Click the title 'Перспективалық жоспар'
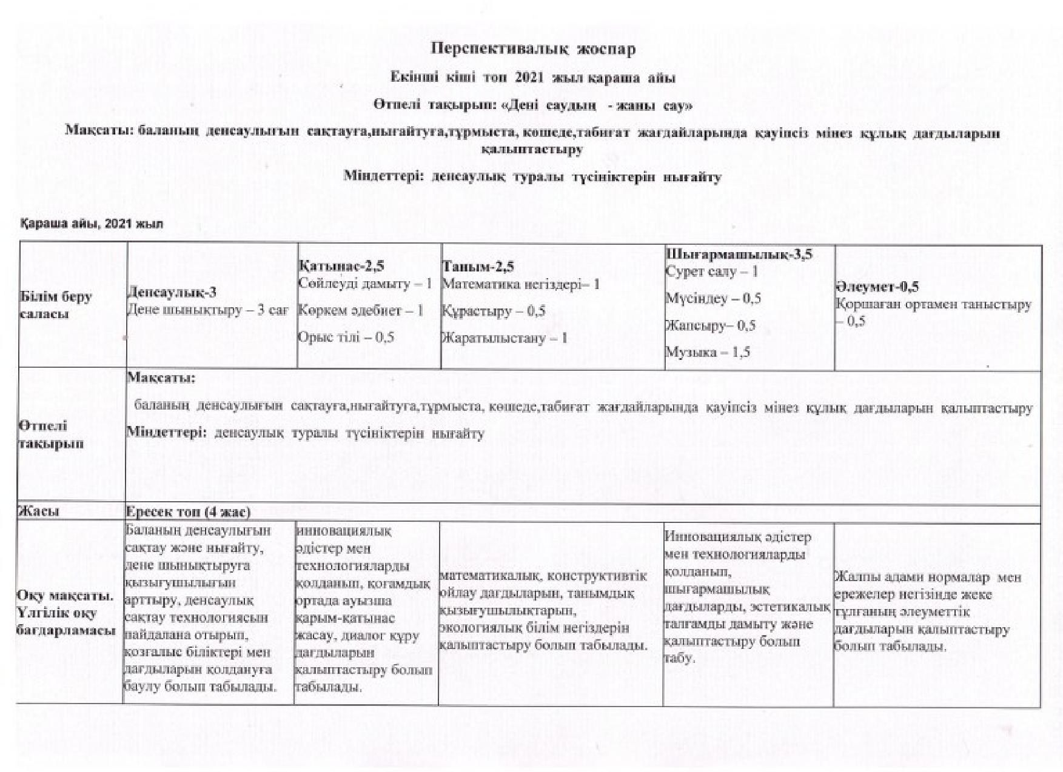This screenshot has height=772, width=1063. [533, 49]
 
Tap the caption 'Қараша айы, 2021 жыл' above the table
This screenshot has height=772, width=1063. [92, 224]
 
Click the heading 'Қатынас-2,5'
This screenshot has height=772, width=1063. [341, 266]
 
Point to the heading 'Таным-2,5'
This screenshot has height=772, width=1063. [478, 267]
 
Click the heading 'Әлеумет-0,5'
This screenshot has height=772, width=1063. [876, 287]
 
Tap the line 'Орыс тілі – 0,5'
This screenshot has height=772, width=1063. [346, 337]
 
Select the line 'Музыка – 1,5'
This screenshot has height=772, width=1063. [707, 352]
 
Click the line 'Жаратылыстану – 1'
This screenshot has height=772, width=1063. [505, 338]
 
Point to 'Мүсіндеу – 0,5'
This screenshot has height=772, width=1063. [713, 298]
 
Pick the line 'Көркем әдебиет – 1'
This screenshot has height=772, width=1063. [360, 310]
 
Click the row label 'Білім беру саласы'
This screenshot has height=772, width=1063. [56, 305]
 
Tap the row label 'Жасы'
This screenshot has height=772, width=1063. [39, 511]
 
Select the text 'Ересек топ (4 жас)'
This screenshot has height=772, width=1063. [188, 513]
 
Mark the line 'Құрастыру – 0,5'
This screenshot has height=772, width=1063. [493, 311]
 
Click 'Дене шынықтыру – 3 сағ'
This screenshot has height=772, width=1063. [208, 310]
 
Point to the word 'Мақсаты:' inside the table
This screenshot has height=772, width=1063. [161, 378]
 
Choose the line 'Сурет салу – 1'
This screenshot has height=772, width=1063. [711, 271]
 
